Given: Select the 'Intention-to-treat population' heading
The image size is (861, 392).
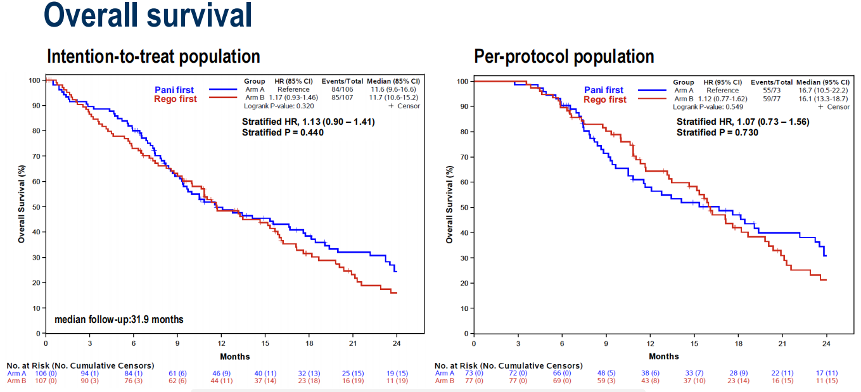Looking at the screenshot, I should [153, 56].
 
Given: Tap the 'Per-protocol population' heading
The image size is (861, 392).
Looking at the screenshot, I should [564, 56].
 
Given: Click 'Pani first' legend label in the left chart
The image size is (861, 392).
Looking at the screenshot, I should [174, 90].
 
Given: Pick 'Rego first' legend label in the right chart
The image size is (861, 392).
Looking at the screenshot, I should [605, 99].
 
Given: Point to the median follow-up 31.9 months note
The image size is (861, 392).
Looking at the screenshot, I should [119, 320].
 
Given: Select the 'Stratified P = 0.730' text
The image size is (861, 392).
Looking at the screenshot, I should [717, 132].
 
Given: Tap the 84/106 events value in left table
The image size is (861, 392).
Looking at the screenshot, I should [343, 89].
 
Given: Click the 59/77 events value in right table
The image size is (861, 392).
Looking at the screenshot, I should [772, 99].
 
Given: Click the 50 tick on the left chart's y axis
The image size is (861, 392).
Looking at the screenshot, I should [37, 207].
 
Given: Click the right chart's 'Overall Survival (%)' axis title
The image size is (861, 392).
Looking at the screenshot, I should [450, 204].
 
